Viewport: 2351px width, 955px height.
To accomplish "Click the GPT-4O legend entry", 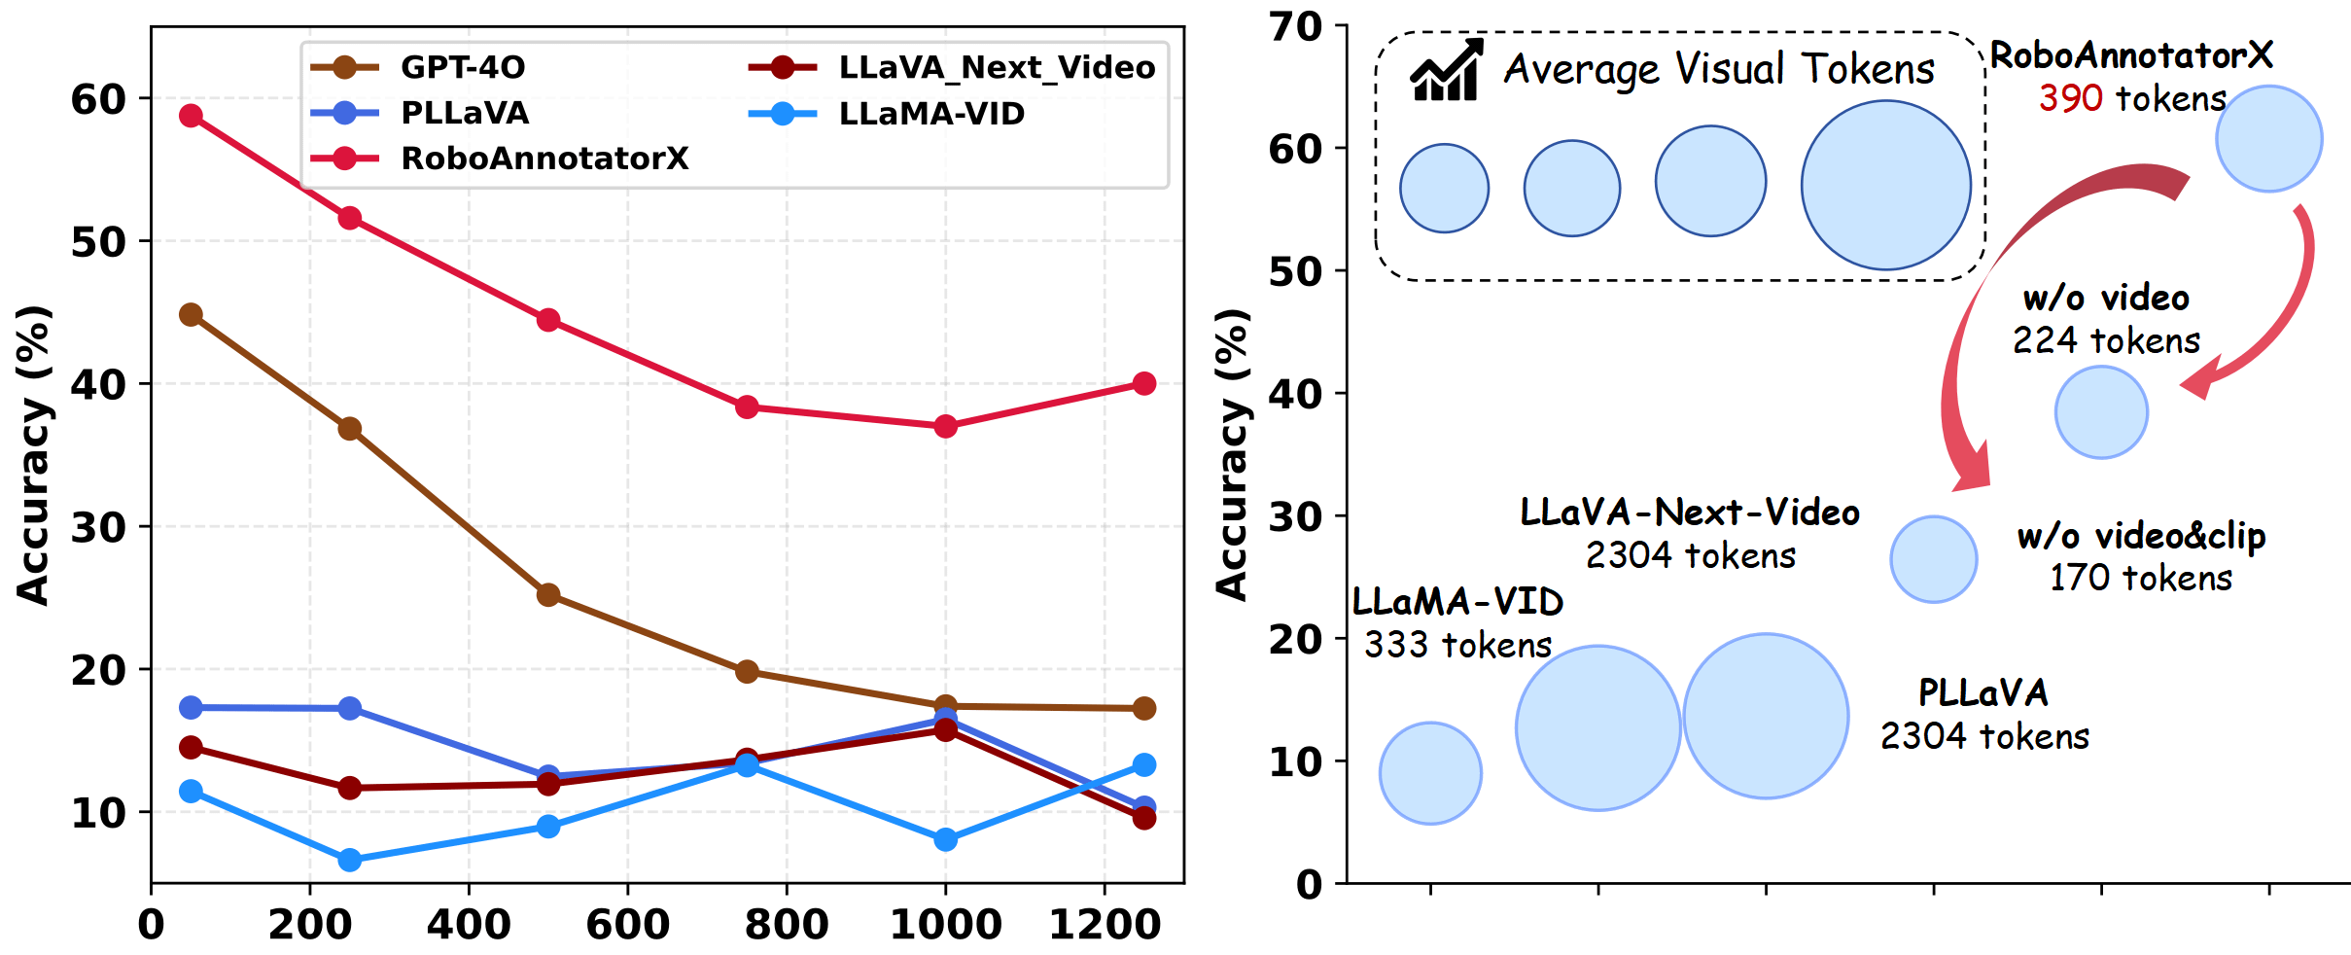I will point(462,67).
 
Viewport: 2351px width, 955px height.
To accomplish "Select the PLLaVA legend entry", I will point(464,113).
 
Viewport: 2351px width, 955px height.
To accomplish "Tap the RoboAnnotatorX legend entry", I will point(544,158).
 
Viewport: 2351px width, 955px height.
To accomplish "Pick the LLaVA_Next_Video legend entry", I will point(996,67).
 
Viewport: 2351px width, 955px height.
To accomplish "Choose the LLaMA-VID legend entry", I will point(930,114).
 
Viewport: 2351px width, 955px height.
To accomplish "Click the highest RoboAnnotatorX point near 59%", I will point(191,116).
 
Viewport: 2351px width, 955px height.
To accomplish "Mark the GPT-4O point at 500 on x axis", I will point(548,594).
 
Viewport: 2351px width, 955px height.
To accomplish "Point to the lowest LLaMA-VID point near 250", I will point(350,860).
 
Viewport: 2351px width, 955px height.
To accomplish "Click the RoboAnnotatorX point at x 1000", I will point(945,426).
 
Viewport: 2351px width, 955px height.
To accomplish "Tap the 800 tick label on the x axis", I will point(787,924).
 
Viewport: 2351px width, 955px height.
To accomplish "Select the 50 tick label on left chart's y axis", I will point(98,242).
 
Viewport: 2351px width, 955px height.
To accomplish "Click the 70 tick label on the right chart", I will point(1296,26).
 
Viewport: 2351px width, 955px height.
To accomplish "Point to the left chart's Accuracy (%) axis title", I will point(33,455).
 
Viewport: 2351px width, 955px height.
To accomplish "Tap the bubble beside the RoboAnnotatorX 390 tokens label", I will point(2268,139).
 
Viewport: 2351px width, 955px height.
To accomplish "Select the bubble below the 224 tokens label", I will point(2101,412).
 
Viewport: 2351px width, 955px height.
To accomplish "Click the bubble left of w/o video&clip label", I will point(1934,559).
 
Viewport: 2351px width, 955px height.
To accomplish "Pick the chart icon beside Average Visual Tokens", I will point(1447,70).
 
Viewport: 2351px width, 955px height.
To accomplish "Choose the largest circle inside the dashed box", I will point(1885,185).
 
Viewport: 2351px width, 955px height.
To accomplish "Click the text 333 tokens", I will point(1457,645).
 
